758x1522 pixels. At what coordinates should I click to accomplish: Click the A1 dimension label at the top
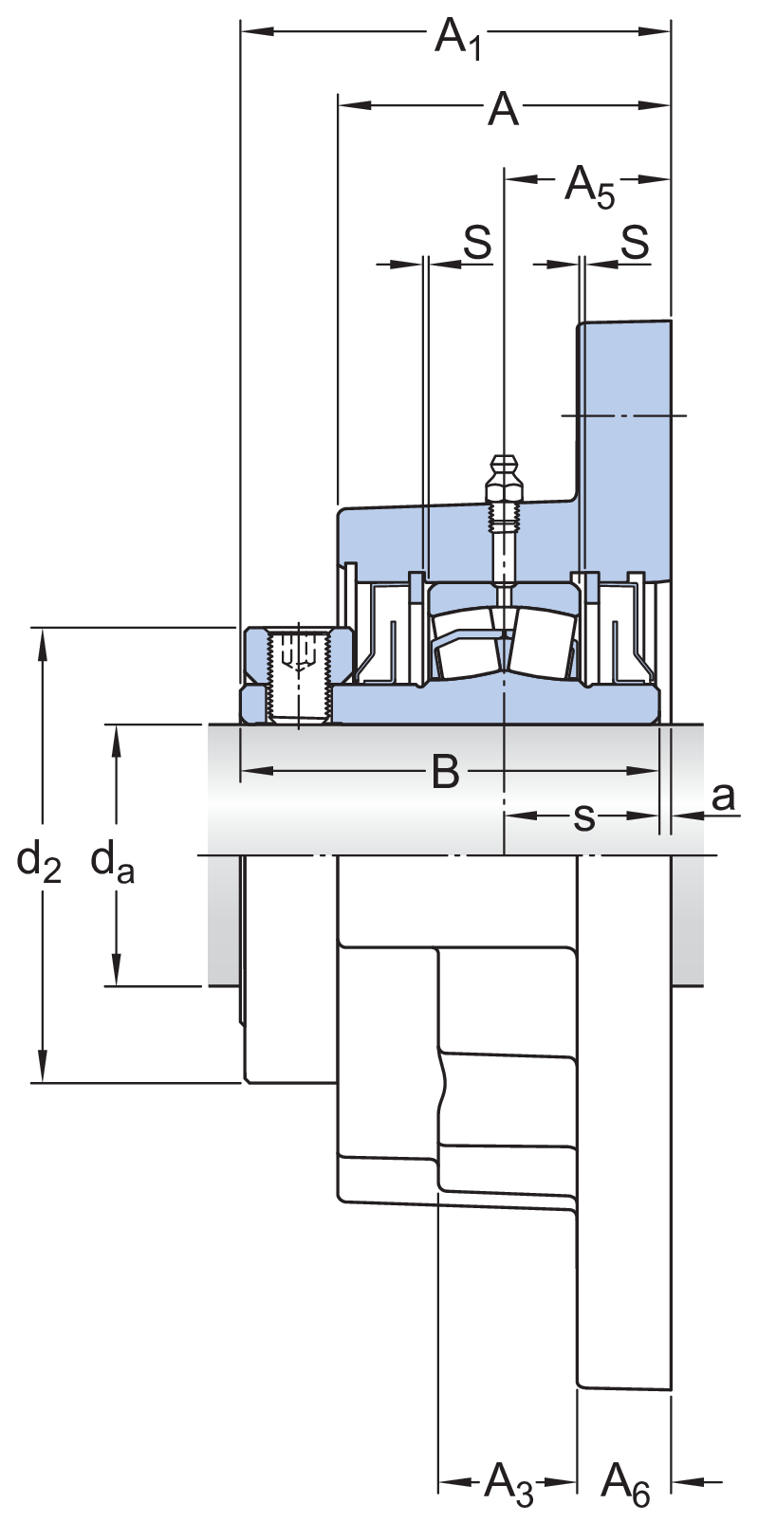pos(458,40)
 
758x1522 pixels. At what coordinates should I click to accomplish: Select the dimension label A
pos(503,110)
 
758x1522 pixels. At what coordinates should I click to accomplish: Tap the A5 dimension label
pos(589,186)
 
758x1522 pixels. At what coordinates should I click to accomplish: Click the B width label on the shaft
pos(445,772)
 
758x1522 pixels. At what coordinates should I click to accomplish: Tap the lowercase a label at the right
pos(723,797)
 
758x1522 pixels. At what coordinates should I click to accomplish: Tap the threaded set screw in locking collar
pos(299,676)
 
